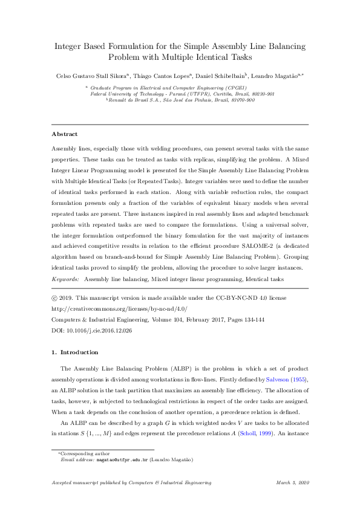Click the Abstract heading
click(x=65, y=134)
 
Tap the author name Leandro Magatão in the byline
click(x=276, y=76)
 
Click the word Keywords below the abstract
click(x=65, y=280)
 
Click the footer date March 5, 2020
click(x=292, y=482)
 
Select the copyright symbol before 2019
click(x=54, y=298)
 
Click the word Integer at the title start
click(x=70, y=46)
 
